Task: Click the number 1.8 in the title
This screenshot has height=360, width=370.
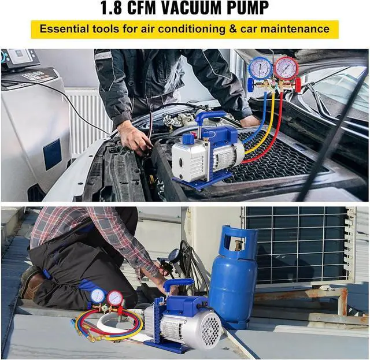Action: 113,9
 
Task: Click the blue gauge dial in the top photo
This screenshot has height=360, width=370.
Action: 260,69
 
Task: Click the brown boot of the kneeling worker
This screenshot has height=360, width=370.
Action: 33,284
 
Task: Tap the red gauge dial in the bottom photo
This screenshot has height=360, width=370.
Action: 114,298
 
